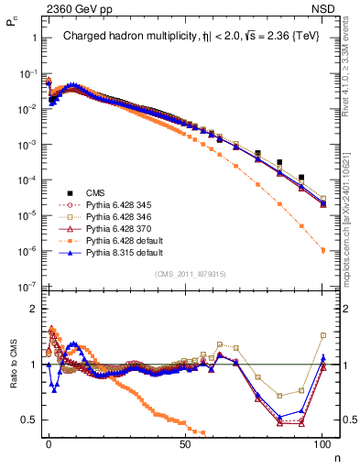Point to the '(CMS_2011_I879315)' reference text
(x=190, y=273)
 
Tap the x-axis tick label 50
(x=185, y=442)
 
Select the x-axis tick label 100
(x=322, y=442)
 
